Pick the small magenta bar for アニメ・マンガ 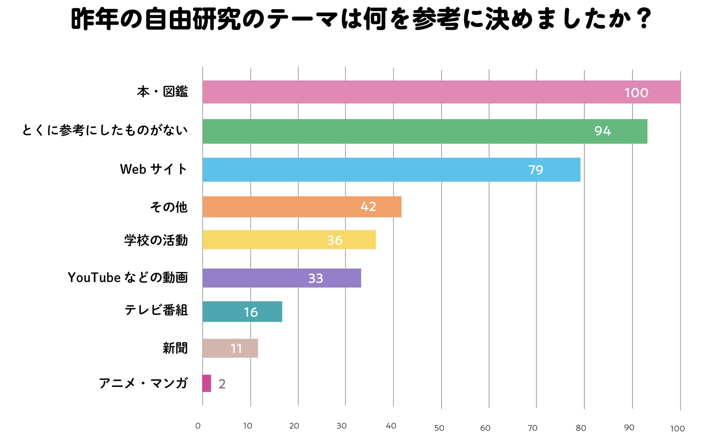click(207, 383)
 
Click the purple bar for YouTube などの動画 click(281, 278)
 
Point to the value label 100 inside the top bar click(636, 93)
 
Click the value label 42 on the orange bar click(368, 207)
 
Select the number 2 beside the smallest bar click(222, 384)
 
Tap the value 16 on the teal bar click(251, 312)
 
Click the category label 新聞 click(175, 348)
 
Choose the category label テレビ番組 click(156, 310)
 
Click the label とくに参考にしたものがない click(105, 130)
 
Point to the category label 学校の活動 click(156, 240)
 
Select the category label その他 click(168, 207)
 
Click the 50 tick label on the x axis click(439, 428)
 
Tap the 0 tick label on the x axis click(198, 426)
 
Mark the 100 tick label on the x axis click(677, 428)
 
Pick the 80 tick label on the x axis click(581, 428)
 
